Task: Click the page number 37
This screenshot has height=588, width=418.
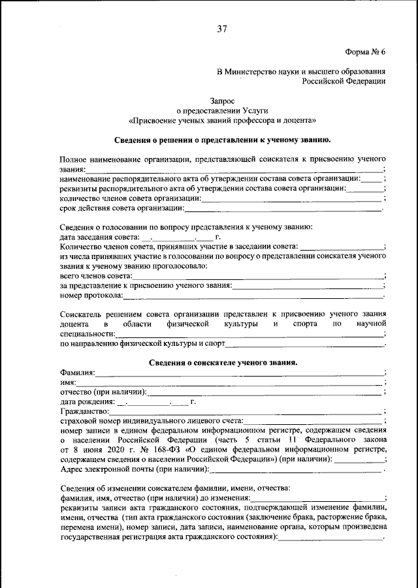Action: point(222,28)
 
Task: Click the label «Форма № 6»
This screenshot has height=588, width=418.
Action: point(365,52)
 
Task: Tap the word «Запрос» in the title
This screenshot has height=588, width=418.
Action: point(222,101)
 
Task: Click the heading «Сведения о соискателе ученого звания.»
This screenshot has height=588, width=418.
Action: point(222,362)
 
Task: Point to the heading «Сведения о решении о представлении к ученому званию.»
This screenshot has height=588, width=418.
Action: point(222,140)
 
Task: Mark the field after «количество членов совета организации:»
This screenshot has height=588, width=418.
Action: point(291,198)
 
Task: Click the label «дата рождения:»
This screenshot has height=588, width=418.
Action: point(86,402)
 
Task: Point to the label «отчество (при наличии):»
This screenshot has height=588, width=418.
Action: point(103,392)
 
